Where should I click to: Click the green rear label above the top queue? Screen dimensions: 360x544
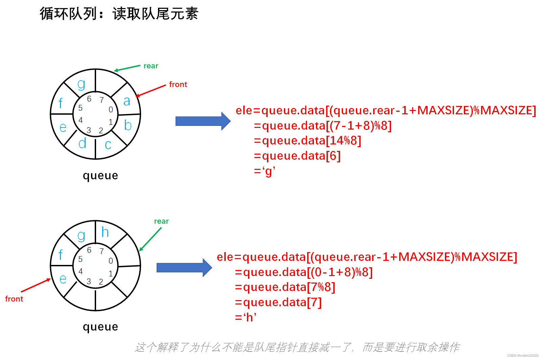(151, 66)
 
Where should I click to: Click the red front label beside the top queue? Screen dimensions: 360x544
(178, 85)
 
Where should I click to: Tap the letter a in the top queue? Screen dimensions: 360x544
(127, 101)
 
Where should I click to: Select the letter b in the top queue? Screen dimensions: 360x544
(128, 126)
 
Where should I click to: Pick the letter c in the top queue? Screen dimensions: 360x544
(108, 145)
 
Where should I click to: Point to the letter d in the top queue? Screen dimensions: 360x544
(82, 143)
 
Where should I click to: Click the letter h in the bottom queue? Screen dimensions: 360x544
(105, 232)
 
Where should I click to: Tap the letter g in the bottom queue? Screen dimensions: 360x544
(81, 235)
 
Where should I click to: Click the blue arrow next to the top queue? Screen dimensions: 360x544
(203, 121)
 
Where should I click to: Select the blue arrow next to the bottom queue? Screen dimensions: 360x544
(184, 268)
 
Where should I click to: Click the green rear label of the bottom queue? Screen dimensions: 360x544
(161, 221)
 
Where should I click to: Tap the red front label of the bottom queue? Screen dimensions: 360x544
(14, 299)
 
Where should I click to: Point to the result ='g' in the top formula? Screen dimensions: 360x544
(265, 171)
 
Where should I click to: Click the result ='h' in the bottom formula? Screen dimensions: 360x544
(246, 317)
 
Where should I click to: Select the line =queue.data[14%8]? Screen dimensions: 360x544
(307, 141)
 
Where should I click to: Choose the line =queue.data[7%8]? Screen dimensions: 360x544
(285, 287)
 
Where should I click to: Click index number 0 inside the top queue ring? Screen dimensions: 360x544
(111, 110)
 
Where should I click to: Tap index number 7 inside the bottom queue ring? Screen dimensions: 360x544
(101, 251)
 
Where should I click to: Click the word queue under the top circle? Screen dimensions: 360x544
(100, 176)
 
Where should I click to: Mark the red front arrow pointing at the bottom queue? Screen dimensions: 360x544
(36, 285)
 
